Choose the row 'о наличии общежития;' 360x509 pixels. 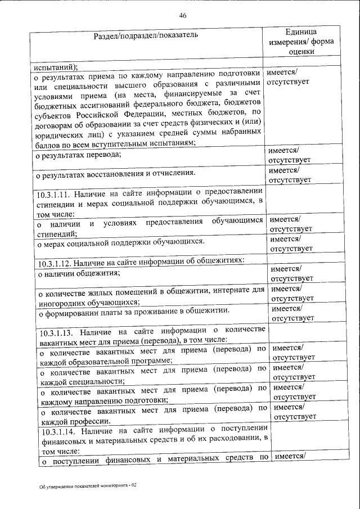[78, 273]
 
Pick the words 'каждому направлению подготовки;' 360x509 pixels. [102, 400]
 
